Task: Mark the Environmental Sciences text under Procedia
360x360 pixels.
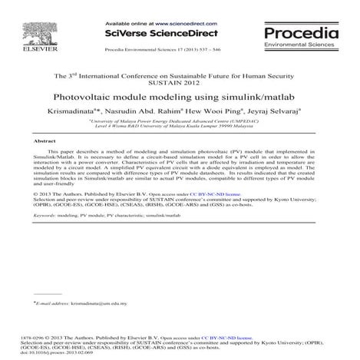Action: point(300,46)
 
